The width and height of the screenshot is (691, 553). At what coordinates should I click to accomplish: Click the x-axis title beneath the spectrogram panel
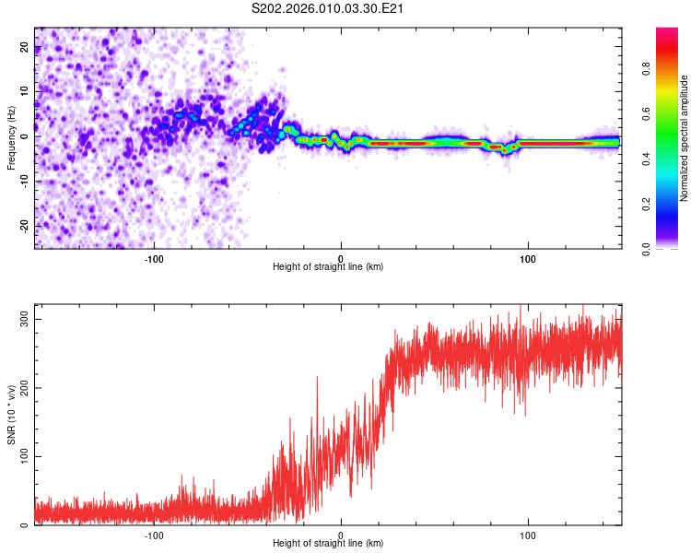(328, 266)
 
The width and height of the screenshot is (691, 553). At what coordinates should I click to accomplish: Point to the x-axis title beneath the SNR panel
(328, 544)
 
